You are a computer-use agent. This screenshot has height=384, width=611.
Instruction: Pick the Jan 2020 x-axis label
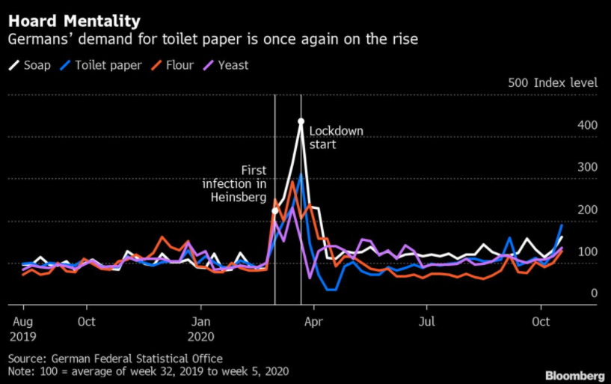click(201, 327)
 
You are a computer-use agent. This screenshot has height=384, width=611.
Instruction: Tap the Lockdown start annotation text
click(336, 138)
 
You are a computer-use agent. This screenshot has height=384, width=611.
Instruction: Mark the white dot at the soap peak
click(301, 121)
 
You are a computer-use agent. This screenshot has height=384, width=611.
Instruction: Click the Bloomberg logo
click(574, 375)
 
